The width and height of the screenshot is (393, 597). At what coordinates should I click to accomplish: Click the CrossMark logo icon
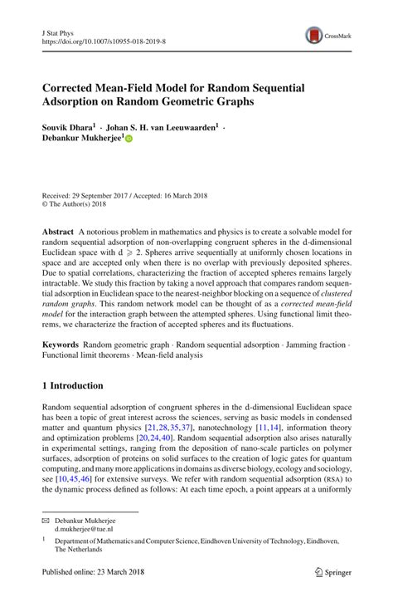point(316,34)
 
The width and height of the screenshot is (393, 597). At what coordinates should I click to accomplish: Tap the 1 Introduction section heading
point(72,386)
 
